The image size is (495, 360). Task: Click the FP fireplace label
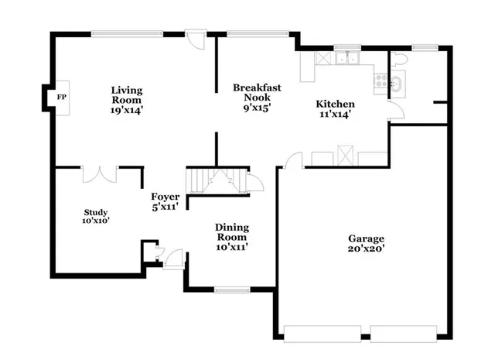pyautogui.click(x=60, y=98)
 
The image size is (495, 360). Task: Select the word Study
pyautogui.click(x=96, y=212)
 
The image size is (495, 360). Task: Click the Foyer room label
pyautogui.click(x=165, y=197)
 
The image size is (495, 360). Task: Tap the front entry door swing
pyautogui.click(x=175, y=256)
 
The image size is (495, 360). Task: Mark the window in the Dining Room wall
pyautogui.click(x=230, y=290)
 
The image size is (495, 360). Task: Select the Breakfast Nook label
pyautogui.click(x=256, y=93)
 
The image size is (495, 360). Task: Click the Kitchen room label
pyautogui.click(x=335, y=104)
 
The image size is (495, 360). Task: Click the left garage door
pyautogui.click(x=322, y=334)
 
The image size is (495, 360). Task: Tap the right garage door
pyautogui.click(x=408, y=334)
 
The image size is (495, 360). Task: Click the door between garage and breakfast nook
pyautogui.click(x=292, y=160)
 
